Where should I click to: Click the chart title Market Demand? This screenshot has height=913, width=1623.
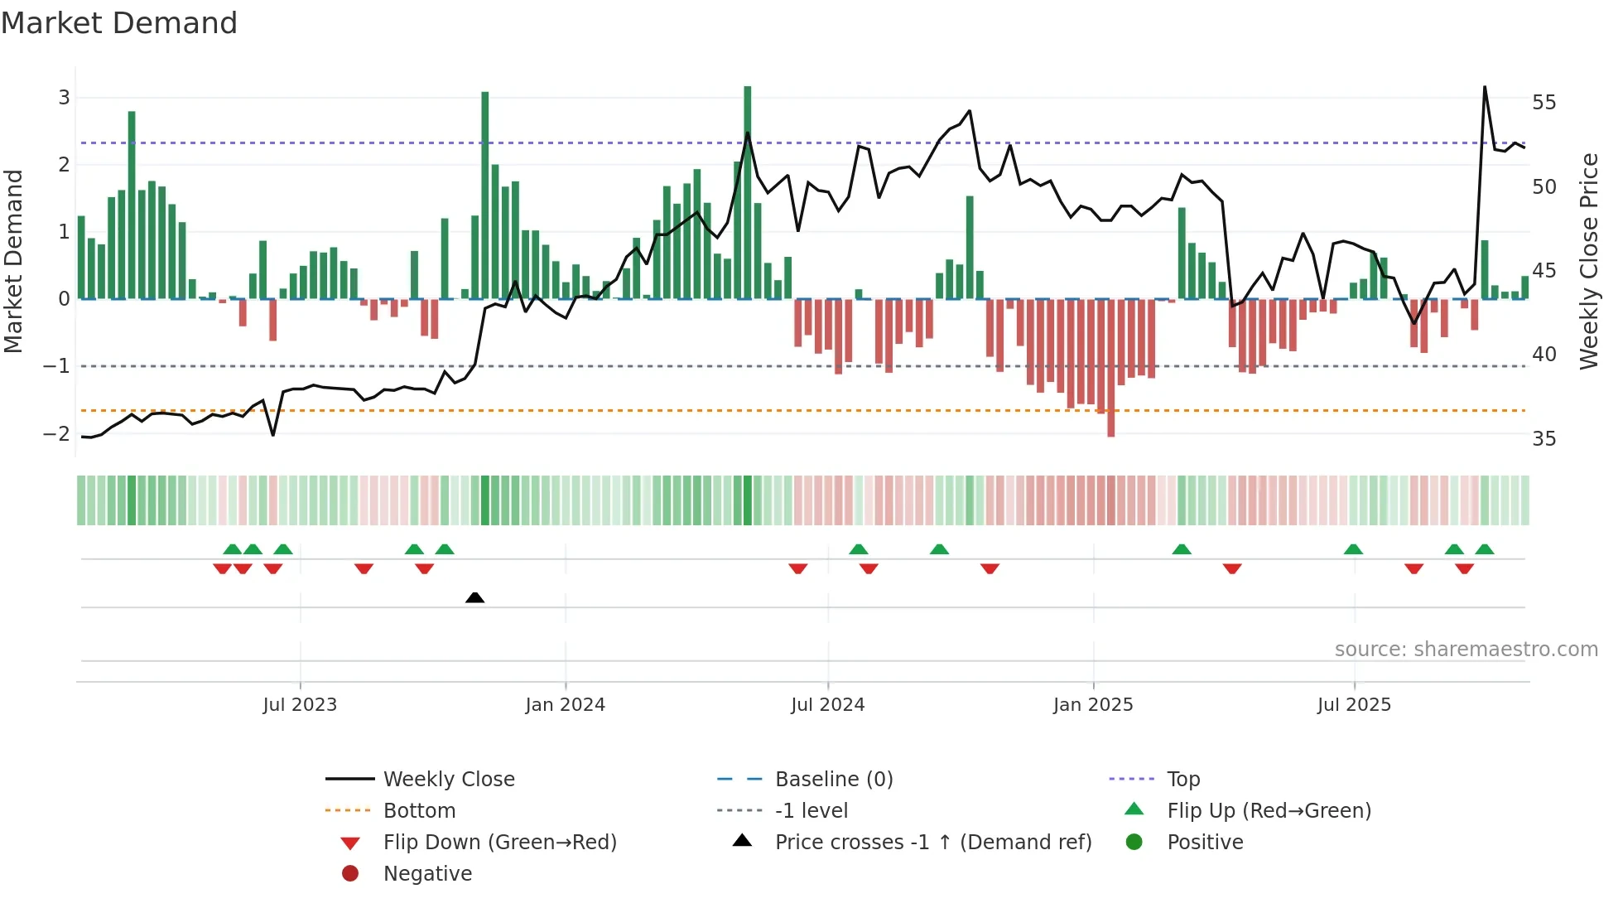click(119, 23)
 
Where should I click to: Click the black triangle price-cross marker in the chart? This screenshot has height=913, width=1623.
click(474, 597)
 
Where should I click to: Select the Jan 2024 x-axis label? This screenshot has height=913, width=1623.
click(565, 704)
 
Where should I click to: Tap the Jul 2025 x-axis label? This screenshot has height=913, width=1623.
click(1354, 704)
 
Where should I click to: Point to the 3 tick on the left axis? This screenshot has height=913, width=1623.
click(64, 98)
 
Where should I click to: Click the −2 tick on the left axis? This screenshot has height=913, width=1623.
click(56, 433)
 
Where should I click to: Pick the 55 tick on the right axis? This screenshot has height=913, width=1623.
click(1544, 103)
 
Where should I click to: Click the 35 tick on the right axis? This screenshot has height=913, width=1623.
click(1544, 438)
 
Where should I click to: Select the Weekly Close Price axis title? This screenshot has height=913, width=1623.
click(1588, 261)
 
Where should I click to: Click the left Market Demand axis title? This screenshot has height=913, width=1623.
click(13, 261)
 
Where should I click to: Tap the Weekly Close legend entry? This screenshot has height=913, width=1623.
click(448, 779)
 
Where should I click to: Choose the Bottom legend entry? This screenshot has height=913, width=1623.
click(419, 810)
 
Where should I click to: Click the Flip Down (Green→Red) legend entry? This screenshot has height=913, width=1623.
click(499, 842)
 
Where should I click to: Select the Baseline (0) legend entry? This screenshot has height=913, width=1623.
click(833, 779)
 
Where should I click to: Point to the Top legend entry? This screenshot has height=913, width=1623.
click(1183, 779)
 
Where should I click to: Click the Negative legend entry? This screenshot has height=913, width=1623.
click(427, 873)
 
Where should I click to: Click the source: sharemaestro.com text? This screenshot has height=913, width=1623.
click(1466, 649)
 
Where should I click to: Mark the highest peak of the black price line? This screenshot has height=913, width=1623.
click(1485, 87)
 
